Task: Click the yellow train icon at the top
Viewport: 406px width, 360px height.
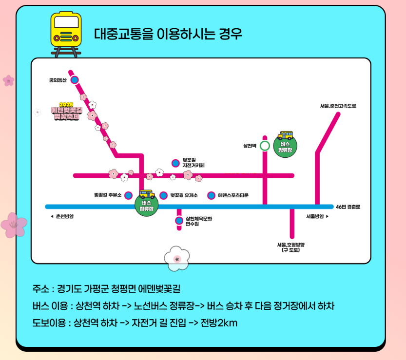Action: [66, 30]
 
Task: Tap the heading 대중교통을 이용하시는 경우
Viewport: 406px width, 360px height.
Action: [168, 34]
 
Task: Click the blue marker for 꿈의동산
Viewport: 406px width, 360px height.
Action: [75, 80]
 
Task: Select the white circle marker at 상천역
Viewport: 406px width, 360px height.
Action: [265, 146]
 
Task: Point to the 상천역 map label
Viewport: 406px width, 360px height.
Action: [250, 146]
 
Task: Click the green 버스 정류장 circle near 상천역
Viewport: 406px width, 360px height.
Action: [285, 147]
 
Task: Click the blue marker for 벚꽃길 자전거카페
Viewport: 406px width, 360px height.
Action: [175, 163]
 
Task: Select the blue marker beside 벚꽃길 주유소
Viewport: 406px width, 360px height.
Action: [128, 195]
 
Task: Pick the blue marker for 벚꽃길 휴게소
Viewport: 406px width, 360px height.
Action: [163, 195]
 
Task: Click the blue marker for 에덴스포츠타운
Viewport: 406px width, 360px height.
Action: [211, 195]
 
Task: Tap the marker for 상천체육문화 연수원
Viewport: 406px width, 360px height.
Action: [179, 221]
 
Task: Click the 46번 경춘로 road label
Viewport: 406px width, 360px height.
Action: [348, 207]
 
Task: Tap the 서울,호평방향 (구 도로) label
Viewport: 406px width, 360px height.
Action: [290, 247]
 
